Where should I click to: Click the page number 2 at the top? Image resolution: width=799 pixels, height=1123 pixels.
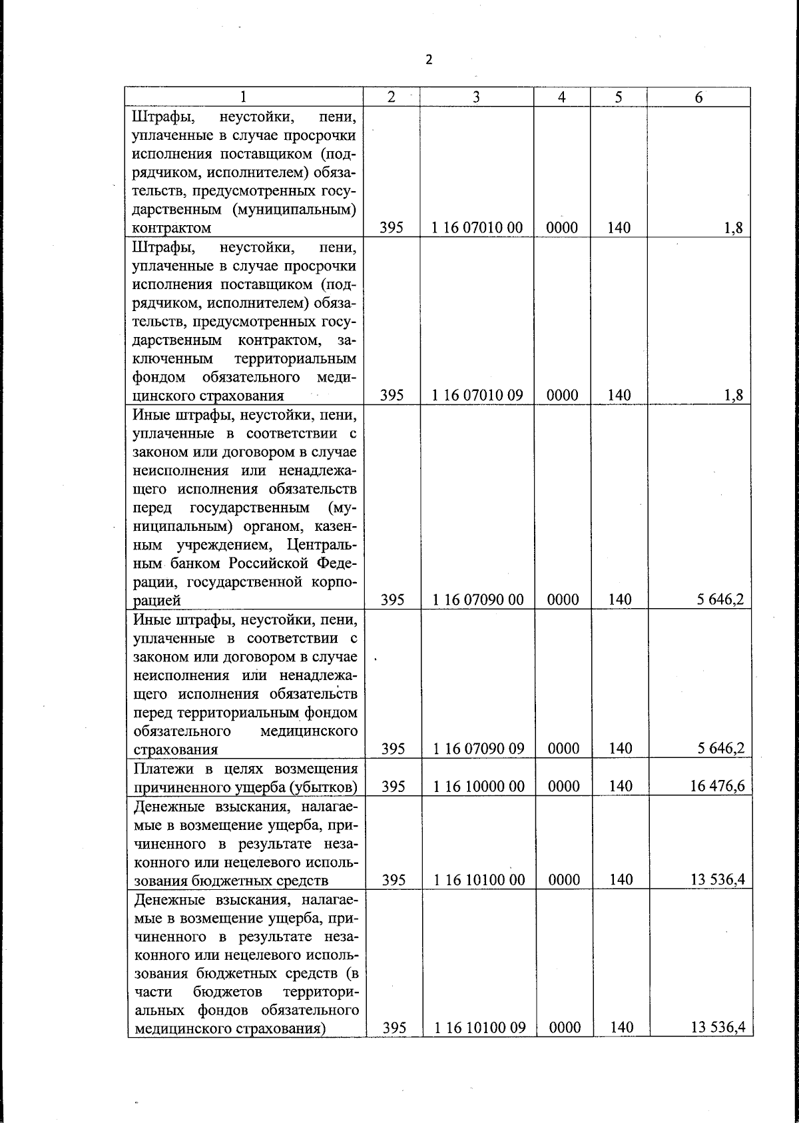[x=429, y=60]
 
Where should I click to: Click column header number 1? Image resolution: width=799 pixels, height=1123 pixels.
[x=244, y=97]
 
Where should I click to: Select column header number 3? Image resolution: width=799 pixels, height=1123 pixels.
[x=476, y=97]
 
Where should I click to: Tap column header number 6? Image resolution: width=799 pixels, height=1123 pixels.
[x=698, y=97]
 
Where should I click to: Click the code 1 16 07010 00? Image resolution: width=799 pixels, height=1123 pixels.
[x=477, y=228]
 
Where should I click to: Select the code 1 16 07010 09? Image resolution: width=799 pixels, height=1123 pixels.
[x=477, y=395]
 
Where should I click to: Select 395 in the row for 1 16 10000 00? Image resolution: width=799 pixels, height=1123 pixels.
[x=394, y=787]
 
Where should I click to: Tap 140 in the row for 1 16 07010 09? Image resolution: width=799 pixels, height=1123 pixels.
[x=619, y=395]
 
